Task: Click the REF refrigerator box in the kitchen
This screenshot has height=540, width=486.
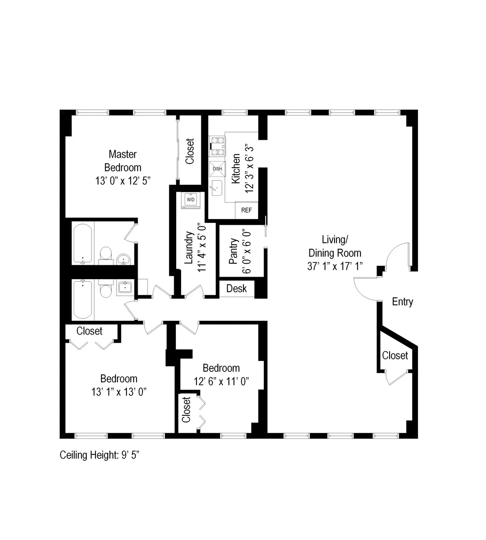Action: pyautogui.click(x=246, y=210)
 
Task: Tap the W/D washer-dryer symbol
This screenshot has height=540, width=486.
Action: pyautogui.click(x=191, y=200)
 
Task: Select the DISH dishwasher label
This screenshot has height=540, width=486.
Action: pyautogui.click(x=217, y=169)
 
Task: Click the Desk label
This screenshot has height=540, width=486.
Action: pyautogui.click(x=237, y=288)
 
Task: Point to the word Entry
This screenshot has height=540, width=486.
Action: pyautogui.click(x=402, y=302)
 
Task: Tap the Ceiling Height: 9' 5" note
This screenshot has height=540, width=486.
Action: pyautogui.click(x=99, y=455)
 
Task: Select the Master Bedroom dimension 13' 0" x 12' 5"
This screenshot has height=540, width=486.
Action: pyautogui.click(x=123, y=181)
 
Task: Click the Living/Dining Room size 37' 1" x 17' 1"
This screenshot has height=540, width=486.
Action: pyautogui.click(x=335, y=266)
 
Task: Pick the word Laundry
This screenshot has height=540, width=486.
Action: pyautogui.click(x=188, y=248)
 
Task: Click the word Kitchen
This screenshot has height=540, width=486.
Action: pyautogui.click(x=236, y=168)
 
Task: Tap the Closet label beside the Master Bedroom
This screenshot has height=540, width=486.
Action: pyautogui.click(x=190, y=152)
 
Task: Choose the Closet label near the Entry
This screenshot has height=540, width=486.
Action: pyautogui.click(x=395, y=356)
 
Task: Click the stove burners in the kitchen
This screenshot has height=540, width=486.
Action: pyautogui.click(x=217, y=146)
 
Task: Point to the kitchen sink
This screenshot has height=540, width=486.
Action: pyautogui.click(x=217, y=188)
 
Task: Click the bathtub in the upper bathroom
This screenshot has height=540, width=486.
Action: pyautogui.click(x=83, y=243)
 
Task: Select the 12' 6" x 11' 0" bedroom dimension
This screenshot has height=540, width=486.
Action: pyautogui.click(x=221, y=381)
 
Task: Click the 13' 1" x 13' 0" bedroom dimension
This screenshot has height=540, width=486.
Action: pyautogui.click(x=119, y=392)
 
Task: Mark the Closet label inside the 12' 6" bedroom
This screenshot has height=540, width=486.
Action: pyautogui.click(x=186, y=410)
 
